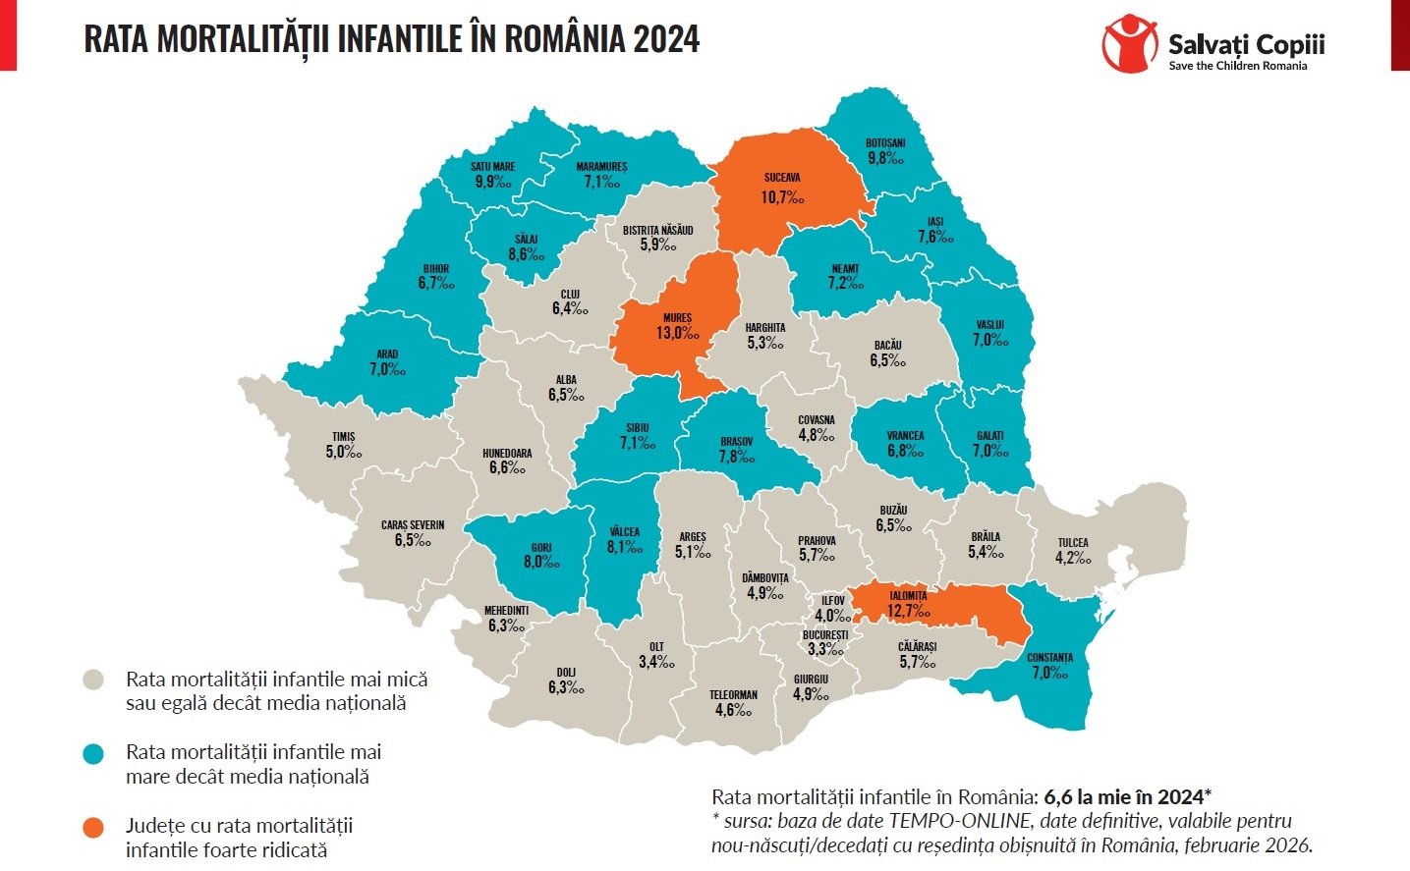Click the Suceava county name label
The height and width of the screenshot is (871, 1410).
pos(782,178)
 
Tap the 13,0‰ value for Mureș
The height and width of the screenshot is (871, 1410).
pos(677,333)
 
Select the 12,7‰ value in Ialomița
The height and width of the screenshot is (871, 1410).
pos(907,611)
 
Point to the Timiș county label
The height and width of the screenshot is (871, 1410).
pos(343,437)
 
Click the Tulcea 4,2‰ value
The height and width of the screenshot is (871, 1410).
pos(1073,558)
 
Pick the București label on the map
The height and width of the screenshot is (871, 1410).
pos(824,635)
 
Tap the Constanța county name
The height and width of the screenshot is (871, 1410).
pos(1049,658)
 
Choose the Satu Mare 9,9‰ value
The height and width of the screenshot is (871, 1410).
pos(492,182)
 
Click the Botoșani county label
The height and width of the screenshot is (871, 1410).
pos(885,143)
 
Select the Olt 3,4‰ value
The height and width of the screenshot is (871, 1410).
pos(656,662)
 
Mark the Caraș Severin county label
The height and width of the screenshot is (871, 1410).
pos(413,525)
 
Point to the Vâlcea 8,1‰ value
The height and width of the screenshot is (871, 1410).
pos(624,547)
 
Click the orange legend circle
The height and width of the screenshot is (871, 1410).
pos(93,827)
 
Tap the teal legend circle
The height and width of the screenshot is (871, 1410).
pos(93,753)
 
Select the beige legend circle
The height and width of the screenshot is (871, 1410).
pos(93,680)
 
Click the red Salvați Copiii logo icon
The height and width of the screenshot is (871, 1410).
pos(1130,44)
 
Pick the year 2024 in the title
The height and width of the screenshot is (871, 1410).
pos(666,39)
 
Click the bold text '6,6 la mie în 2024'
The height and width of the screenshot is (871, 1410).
pos(1125,796)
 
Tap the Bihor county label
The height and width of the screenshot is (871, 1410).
pos(436,268)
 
